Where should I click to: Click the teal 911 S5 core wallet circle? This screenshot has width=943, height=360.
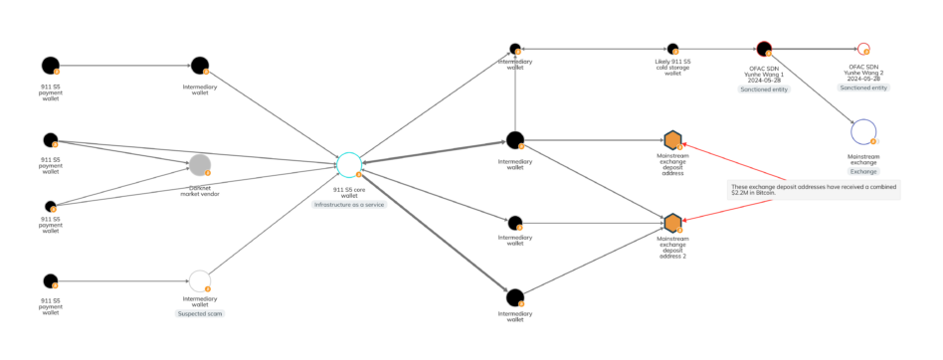(x=348, y=165)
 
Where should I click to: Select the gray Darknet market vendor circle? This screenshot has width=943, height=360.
(x=200, y=166)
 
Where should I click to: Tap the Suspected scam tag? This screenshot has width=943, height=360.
(x=200, y=313)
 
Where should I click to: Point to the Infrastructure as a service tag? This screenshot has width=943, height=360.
(x=348, y=204)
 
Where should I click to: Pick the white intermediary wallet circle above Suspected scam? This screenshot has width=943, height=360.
(x=200, y=281)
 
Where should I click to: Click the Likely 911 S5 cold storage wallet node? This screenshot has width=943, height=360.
(x=672, y=49)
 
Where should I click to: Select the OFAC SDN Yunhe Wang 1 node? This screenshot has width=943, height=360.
(x=764, y=49)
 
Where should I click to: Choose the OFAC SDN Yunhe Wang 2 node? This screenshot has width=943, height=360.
(x=862, y=49)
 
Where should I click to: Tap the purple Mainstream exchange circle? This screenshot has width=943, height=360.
(x=863, y=131)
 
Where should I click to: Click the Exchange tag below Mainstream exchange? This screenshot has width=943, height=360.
(x=863, y=171)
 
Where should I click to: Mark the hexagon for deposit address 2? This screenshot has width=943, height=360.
(x=672, y=222)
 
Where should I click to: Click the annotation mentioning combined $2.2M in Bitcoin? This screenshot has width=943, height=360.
(x=813, y=189)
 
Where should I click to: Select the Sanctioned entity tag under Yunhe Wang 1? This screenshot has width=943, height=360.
(x=764, y=89)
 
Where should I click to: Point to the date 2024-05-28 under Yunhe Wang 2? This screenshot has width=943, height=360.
(x=862, y=79)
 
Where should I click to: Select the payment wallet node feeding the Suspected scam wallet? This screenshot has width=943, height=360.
(x=50, y=281)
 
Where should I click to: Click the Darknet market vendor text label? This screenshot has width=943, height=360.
(x=200, y=190)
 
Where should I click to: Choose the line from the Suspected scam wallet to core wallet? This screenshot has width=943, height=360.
(x=274, y=224)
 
